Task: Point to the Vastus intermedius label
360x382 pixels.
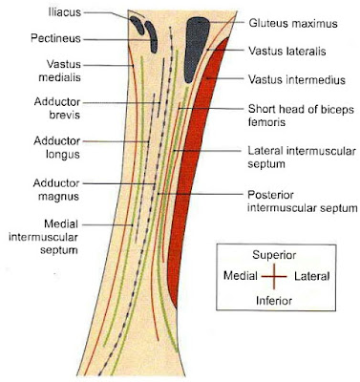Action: coord(293,78)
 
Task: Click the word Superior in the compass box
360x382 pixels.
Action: coord(275,256)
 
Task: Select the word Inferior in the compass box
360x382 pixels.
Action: coord(275,300)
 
